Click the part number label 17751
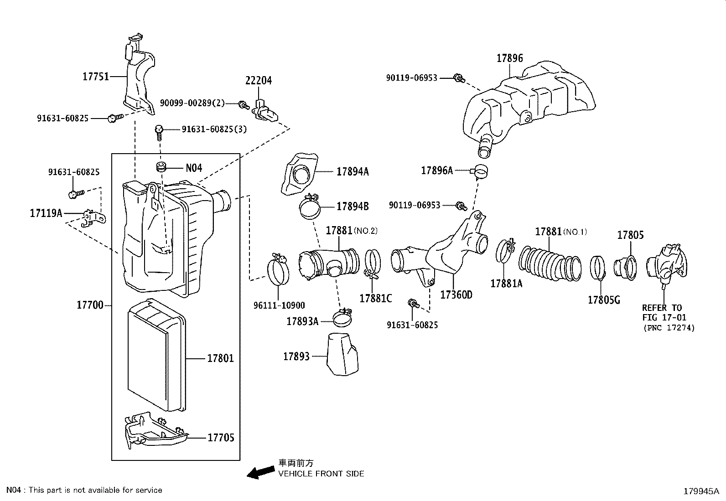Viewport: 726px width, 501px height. (x=95, y=77)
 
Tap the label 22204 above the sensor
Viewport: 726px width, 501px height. (x=258, y=81)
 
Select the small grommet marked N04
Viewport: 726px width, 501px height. (x=160, y=167)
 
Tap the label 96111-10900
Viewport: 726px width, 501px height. (x=279, y=305)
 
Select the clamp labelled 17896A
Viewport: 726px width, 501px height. (x=480, y=171)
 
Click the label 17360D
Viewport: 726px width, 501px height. (x=456, y=295)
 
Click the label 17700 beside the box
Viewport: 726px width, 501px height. (x=90, y=305)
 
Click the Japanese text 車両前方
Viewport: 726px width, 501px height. (x=296, y=463)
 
